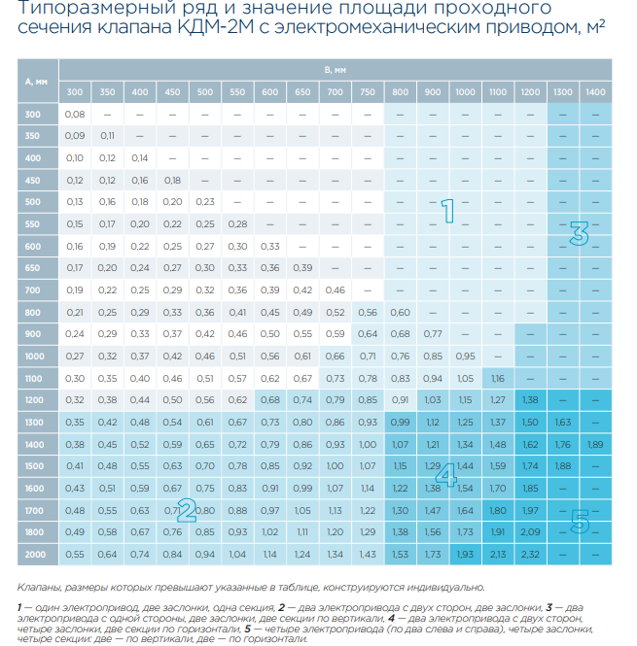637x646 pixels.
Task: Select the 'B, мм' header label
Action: [335, 70]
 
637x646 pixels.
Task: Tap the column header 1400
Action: [595, 92]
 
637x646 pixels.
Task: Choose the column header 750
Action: [368, 92]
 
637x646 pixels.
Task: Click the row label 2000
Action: [35, 555]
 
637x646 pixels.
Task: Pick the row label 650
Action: [33, 268]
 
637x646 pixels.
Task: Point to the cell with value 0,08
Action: [75, 115]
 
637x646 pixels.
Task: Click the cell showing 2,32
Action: [530, 555]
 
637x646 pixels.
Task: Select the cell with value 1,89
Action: [595, 445]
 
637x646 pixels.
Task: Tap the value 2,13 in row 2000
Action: [498, 555]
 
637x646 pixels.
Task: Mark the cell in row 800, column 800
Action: [400, 313]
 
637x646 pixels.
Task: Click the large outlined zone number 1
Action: [448, 211]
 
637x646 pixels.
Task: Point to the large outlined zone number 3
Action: [579, 233]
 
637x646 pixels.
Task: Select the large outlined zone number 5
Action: [580, 521]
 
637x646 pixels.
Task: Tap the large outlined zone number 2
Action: [187, 510]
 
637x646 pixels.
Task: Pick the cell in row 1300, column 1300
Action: [563, 423]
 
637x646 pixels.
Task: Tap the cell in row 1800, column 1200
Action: [530, 532]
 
